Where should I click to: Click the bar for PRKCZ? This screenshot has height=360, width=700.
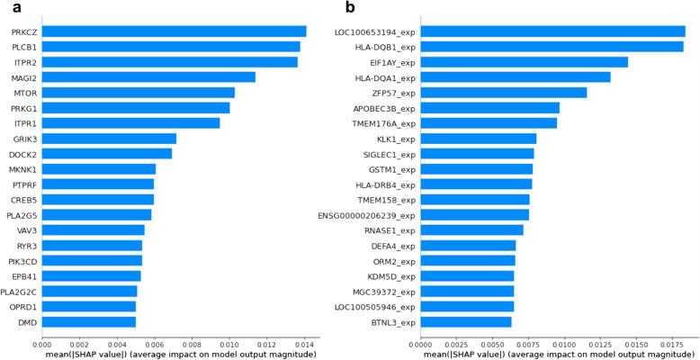[174, 31]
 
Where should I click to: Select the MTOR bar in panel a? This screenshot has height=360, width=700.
[138, 93]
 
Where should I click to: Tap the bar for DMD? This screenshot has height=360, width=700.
[88, 321]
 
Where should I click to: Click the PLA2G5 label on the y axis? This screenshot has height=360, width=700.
[22, 214]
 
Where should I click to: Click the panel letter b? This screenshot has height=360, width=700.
[350, 8]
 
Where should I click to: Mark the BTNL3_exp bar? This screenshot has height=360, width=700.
[465, 321]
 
